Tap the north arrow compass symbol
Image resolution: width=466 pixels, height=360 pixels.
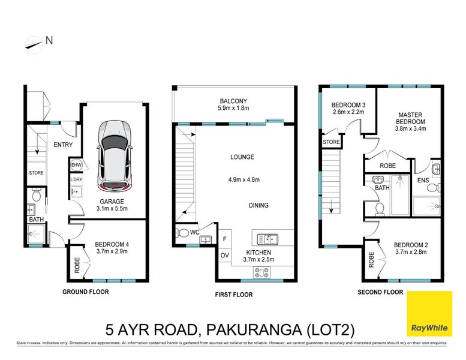tap(34, 43)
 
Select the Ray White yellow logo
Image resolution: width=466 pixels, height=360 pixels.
tap(429, 314)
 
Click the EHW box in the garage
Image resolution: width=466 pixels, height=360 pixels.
tap(76, 165)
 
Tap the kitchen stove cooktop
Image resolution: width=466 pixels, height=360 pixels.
tap(263, 271)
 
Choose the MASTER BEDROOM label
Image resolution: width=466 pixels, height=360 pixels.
tap(409, 119)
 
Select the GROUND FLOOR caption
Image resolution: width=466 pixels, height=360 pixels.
tap(86, 292)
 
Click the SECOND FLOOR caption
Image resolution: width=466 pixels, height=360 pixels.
tap(380, 292)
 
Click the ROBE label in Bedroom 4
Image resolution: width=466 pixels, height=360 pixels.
tap(77, 266)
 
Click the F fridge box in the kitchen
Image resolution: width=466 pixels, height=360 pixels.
tap(224, 239)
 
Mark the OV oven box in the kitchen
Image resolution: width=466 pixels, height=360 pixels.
tap(224, 255)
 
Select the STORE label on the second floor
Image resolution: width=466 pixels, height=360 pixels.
tap(331, 142)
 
